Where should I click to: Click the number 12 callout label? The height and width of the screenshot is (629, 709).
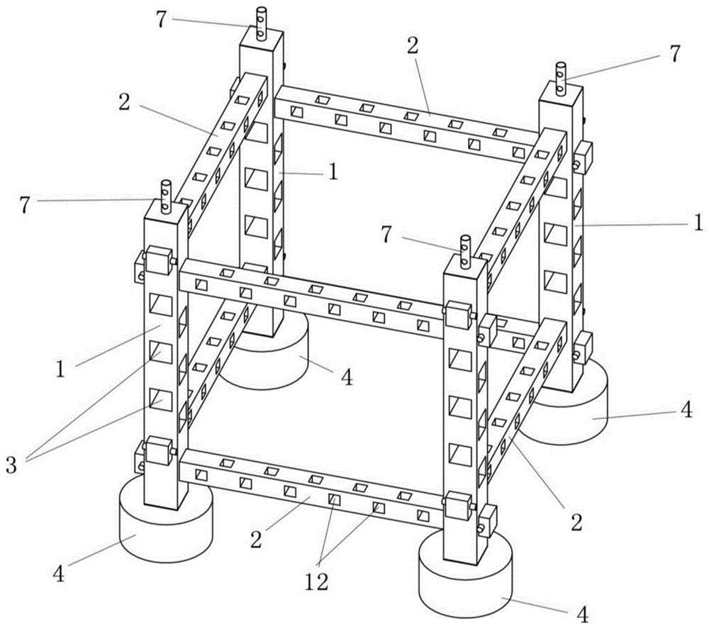317,581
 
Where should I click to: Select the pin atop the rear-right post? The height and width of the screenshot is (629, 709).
561,77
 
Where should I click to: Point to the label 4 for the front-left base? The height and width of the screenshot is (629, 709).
59,573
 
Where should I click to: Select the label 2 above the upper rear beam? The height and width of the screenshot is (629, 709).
413,46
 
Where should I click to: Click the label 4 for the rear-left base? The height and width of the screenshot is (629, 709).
346,377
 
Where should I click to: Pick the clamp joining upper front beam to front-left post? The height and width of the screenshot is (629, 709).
161,261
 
